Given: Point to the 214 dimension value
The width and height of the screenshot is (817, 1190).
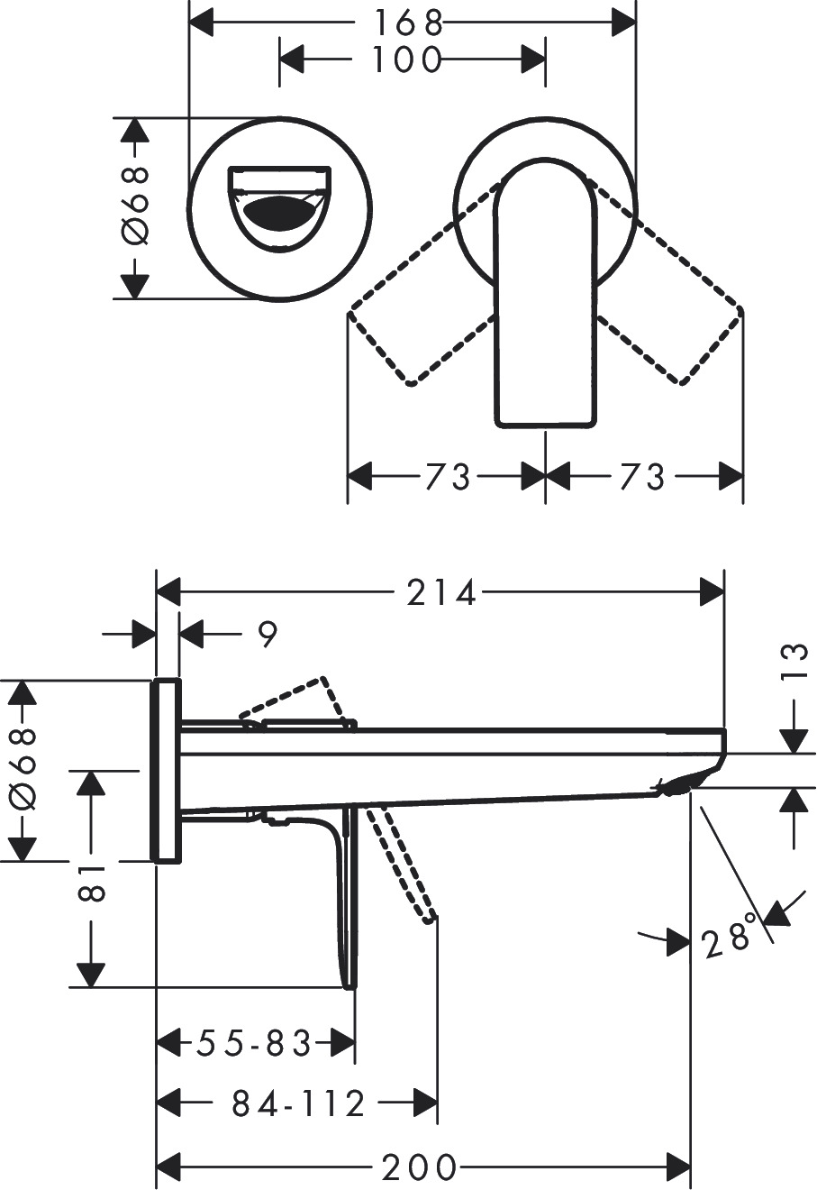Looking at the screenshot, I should (440, 592).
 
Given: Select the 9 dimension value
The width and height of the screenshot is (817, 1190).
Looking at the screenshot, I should (267, 635).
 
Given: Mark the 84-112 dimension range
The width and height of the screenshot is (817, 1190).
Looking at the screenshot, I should (298, 1103).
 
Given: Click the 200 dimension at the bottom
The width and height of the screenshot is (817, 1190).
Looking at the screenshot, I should (420, 1168).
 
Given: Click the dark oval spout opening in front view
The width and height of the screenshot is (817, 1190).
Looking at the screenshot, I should (278, 213).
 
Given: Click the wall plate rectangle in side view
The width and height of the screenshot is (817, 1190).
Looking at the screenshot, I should (167, 771).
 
